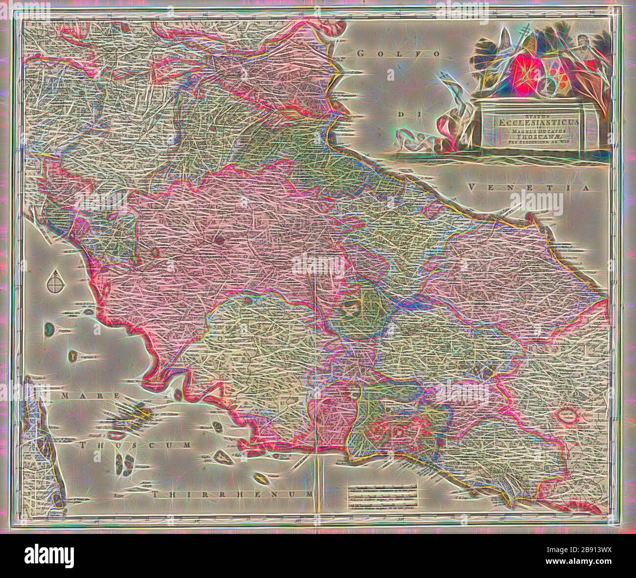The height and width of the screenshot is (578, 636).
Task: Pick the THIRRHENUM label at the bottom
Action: (x=232, y=495)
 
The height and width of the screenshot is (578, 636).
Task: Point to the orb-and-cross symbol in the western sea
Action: (x=55, y=282)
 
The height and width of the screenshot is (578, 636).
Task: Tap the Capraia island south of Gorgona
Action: (x=73, y=356)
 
